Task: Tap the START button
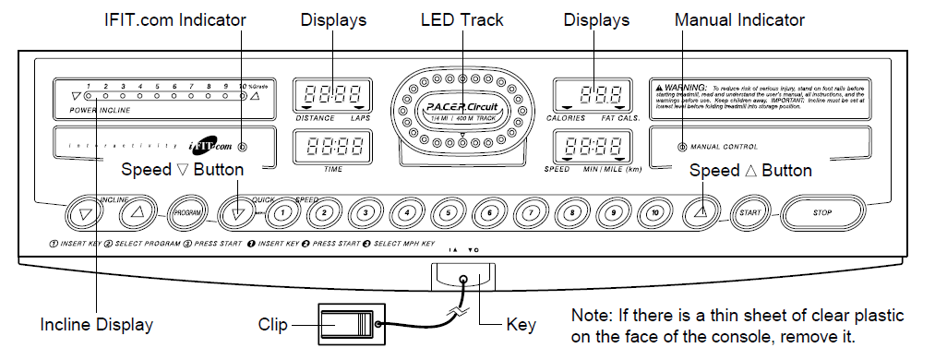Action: (x=749, y=213)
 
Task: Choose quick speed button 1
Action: (x=283, y=213)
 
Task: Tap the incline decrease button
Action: (x=86, y=213)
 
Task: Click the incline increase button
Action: (x=138, y=213)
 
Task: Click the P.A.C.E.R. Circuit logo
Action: (x=461, y=111)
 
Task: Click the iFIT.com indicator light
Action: (x=242, y=147)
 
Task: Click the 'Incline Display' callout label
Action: (x=97, y=324)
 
